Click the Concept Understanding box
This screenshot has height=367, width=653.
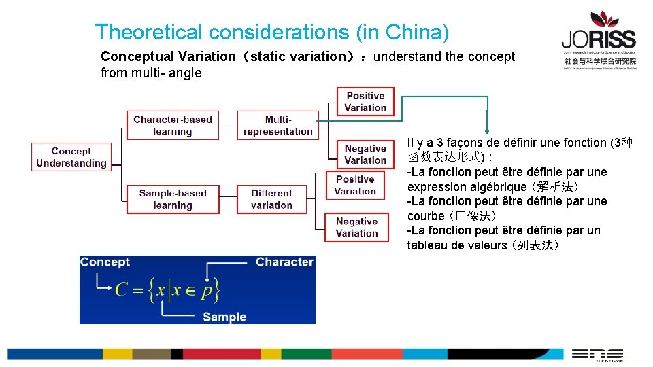coord(71,157)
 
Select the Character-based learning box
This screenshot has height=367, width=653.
coord(173,125)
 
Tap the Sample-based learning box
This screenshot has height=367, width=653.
coord(173,199)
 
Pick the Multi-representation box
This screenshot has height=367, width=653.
coord(278,125)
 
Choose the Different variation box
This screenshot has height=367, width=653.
coord(271,199)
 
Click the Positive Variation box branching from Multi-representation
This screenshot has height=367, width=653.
coord(365,101)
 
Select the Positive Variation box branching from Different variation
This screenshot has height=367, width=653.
coord(355,186)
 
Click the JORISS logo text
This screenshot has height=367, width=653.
coord(599,39)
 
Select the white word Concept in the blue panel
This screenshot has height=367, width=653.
coord(105,262)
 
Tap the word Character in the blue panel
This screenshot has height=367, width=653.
coord(284,262)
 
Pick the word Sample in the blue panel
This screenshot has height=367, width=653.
coord(224,317)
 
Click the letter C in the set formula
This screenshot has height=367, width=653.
coord(122,290)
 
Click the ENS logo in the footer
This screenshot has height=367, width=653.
coord(597,353)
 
